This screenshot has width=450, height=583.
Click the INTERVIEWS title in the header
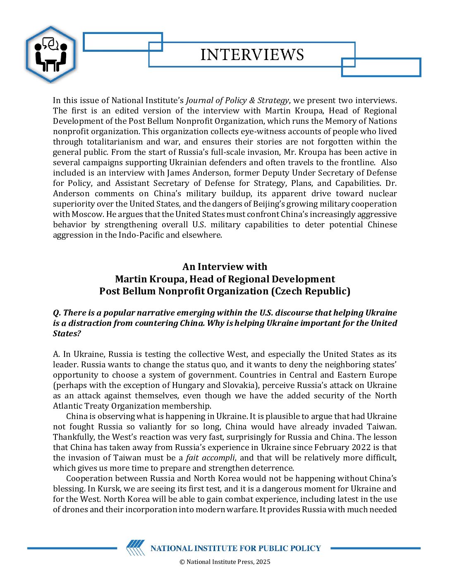pos(252,55)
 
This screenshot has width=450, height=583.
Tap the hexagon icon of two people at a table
pos(50,54)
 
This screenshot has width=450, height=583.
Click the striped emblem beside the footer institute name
pos(136,547)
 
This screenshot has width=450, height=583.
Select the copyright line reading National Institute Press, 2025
pos(225,562)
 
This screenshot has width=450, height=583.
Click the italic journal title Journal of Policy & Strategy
pos(237,100)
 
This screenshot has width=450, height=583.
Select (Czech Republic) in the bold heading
pos(311,291)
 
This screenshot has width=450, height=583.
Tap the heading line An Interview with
pos(225,266)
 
